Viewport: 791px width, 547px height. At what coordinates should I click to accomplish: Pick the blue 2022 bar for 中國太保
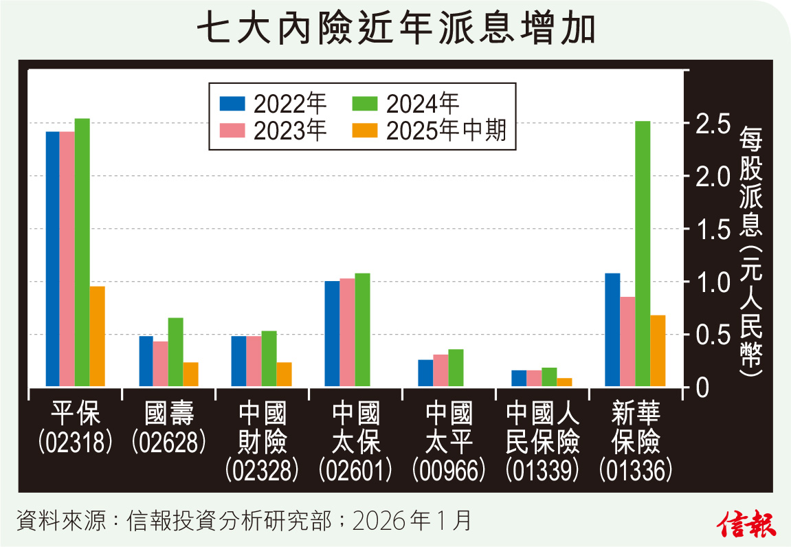(332, 333)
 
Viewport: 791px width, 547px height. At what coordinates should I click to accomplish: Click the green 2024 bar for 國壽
(175, 351)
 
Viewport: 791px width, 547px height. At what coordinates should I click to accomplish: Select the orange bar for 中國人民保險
(564, 382)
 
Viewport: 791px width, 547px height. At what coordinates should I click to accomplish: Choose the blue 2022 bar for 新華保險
(612, 329)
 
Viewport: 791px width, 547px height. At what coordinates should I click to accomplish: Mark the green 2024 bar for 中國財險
(269, 358)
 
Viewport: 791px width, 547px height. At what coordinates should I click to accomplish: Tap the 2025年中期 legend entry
(429, 130)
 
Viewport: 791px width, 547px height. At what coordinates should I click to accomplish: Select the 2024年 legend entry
(405, 104)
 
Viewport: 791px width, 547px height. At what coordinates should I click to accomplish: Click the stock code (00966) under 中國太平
(449, 470)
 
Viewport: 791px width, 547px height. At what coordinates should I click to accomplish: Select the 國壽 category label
(169, 414)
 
